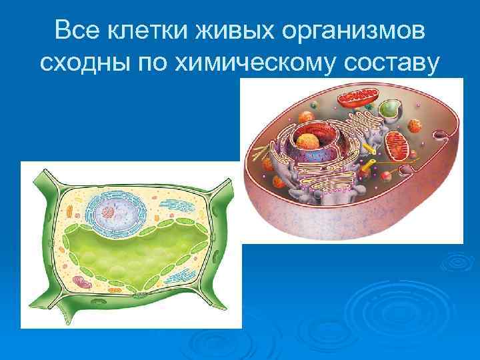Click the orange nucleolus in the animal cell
309,141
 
